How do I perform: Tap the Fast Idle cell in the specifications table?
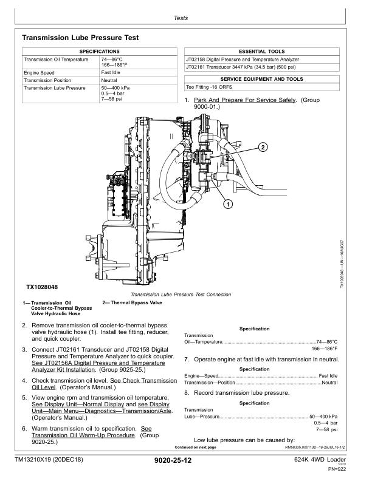110,72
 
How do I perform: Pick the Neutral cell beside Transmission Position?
109,80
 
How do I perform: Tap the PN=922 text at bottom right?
337,469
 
